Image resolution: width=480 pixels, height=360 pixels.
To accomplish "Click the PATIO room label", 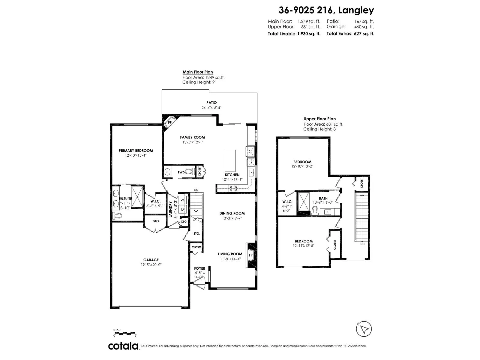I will pos(211,103).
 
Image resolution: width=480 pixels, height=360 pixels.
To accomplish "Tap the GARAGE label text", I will pos(151,260).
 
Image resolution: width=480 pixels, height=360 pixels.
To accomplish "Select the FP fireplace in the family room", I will pos(169,122).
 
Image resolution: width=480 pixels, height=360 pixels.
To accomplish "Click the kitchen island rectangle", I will pos(230,160).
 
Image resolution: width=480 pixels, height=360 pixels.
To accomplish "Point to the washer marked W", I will pos(182,200).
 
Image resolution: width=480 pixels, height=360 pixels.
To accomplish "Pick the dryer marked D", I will pos(182,209).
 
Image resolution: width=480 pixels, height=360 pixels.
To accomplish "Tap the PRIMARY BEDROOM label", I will pos(136,151).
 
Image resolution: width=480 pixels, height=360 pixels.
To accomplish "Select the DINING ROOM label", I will pos(232,213).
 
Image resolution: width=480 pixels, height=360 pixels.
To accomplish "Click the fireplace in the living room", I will pos(250,255).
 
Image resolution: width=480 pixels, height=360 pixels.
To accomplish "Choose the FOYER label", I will pos(199,268).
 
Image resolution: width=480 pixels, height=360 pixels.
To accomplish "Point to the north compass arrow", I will pos(364,329).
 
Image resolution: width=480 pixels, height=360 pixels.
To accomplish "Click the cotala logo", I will pos(123,346).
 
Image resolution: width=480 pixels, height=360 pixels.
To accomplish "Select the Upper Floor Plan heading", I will pos(319,119).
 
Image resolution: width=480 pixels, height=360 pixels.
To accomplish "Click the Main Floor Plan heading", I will pos(198,72).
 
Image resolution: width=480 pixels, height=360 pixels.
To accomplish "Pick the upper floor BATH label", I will pos(323,198).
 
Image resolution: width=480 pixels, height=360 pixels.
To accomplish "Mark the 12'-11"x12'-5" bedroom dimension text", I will pos(304,246).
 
